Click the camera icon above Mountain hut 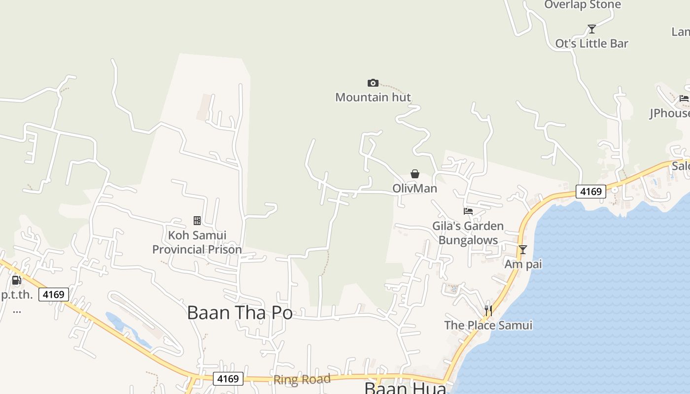(373, 83)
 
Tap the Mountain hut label (373, 97)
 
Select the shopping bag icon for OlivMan (415, 174)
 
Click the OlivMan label (414, 188)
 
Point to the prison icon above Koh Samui (197, 221)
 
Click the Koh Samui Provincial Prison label (197, 242)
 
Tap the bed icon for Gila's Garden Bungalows (468, 211)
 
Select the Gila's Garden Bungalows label (468, 233)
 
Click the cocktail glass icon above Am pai (523, 250)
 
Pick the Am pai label (523, 264)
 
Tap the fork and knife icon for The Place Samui (488, 310)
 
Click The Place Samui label (488, 325)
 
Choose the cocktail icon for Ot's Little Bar (592, 29)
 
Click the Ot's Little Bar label (592, 43)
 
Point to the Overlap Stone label (583, 5)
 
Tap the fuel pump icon (16, 280)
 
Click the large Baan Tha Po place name (240, 313)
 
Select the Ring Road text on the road (302, 380)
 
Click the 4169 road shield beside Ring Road (228, 379)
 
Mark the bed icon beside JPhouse (684, 98)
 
